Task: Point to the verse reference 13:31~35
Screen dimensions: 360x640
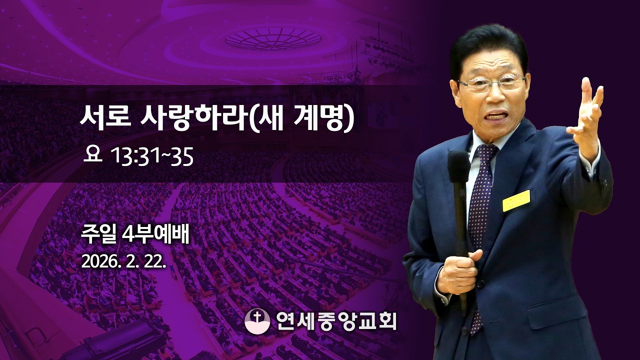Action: click(152, 157)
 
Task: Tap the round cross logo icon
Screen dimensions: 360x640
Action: click(257, 320)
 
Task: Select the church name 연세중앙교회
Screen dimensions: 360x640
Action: click(336, 320)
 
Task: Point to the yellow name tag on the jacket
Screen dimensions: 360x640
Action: click(516, 200)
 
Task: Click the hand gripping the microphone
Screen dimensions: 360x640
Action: click(457, 273)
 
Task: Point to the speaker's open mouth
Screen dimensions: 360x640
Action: click(495, 115)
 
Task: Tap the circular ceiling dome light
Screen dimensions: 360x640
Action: click(273, 38)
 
